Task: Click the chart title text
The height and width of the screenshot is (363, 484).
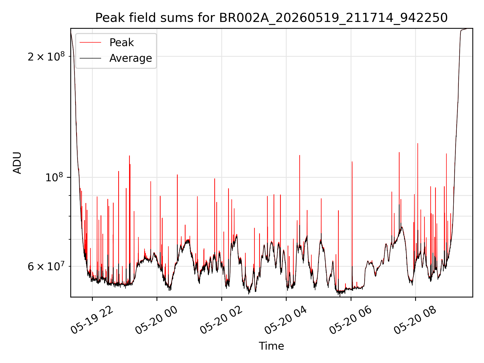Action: coord(271,18)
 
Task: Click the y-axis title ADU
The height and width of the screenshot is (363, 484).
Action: coord(17,163)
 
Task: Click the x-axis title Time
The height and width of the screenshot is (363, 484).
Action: coord(271,346)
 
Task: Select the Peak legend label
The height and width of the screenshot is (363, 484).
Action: coord(122,43)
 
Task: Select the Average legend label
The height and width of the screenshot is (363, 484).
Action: coord(131,58)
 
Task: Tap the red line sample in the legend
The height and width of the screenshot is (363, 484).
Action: coord(90,43)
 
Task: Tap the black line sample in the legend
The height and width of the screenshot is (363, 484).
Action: coord(90,58)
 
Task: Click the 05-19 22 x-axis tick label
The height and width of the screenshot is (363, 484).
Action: coord(92,320)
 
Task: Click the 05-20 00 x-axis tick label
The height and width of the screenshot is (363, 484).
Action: coord(157,320)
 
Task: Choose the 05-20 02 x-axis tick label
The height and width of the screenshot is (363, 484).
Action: coord(221,320)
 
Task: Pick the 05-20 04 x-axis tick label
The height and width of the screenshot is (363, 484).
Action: coord(286,320)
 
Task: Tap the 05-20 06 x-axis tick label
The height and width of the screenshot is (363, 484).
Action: coord(351,320)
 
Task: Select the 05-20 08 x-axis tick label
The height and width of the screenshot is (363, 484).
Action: coord(415,320)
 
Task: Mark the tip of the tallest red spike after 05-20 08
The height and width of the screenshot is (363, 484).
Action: coord(418,143)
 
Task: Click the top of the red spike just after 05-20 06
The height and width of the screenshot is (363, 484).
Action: coord(352,162)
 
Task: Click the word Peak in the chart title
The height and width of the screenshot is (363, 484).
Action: coord(110,18)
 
